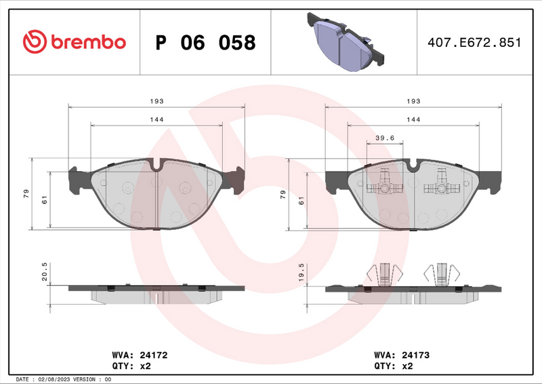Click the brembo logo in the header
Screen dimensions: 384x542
pos(75,42)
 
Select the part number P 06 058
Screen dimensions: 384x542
pos(205,43)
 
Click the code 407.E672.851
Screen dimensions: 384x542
pos(474,43)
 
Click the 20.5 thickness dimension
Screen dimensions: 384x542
pos(44,271)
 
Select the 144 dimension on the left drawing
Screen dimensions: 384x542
pos(157,119)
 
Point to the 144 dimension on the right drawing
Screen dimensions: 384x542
pos(413,119)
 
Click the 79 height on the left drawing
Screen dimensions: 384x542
pos(26,193)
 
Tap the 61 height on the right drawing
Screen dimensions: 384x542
pos(301,200)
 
